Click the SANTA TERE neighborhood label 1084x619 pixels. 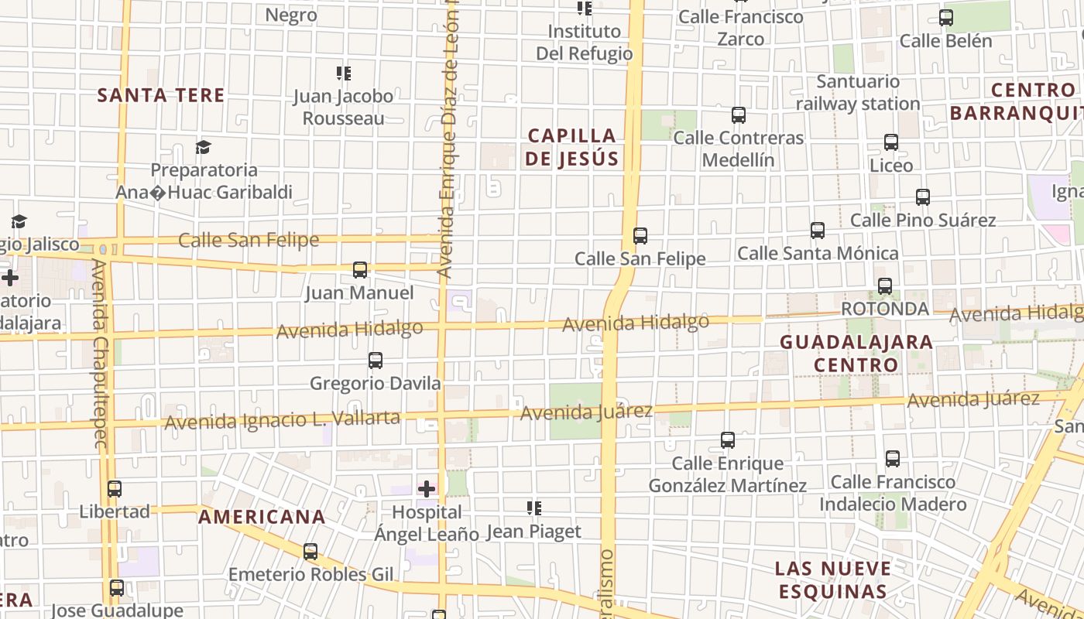point(161,95)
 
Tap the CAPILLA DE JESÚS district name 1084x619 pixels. point(572,147)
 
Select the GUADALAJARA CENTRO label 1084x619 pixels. point(856,353)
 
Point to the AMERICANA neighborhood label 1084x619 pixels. point(262,517)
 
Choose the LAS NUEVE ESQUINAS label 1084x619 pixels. point(832,580)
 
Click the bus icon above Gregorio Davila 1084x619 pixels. point(376,361)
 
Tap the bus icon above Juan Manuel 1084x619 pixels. point(360,270)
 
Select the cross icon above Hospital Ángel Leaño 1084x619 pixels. point(427,488)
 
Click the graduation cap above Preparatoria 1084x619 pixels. point(203,147)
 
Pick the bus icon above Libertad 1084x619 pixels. point(115,489)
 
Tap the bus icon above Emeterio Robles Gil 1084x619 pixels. point(310,552)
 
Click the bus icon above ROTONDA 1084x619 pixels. point(885,286)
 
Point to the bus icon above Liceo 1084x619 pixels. point(891,142)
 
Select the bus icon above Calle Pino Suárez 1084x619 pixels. point(923,197)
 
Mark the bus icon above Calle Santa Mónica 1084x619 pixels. point(818,231)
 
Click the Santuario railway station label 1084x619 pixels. point(858,92)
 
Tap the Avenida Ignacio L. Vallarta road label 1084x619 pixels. point(283,420)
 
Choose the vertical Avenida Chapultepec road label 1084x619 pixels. point(99,354)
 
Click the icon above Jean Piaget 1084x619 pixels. point(533,508)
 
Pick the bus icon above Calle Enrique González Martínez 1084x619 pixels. point(728,440)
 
